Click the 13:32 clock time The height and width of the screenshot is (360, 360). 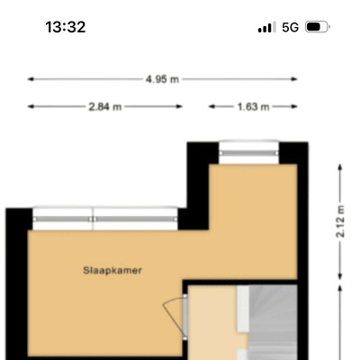[x=66, y=27]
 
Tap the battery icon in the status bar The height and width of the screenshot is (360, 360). [x=318, y=27]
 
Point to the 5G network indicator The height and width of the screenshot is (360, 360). [x=290, y=27]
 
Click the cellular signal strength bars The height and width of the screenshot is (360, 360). [x=267, y=27]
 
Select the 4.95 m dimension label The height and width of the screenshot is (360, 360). [x=162, y=79]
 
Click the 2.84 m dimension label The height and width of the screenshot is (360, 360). [x=105, y=106]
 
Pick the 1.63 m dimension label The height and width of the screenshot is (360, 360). [x=253, y=106]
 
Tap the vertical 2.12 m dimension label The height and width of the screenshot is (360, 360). [x=340, y=221]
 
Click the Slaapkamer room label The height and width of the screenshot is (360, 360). [x=112, y=270]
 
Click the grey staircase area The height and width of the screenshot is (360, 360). [x=273, y=322]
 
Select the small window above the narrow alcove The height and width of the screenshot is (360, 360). [x=249, y=153]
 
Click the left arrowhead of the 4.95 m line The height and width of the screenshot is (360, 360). [x=30, y=79]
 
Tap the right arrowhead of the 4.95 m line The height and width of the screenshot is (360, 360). [x=295, y=79]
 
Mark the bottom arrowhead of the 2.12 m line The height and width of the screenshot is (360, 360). [x=340, y=277]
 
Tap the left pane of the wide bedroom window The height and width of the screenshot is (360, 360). [x=62, y=219]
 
